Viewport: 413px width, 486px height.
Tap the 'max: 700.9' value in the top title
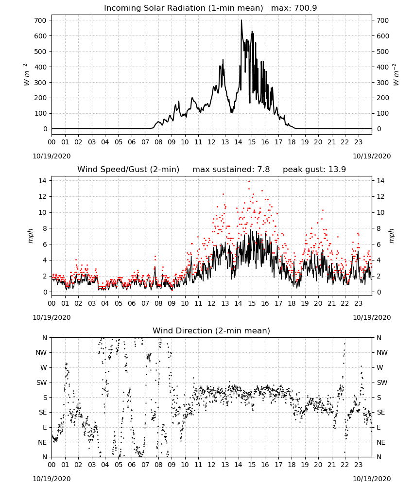(294, 8)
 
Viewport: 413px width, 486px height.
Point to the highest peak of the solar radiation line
(241, 20)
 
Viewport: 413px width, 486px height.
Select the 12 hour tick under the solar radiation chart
(211, 142)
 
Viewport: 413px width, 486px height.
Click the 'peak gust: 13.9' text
(314, 170)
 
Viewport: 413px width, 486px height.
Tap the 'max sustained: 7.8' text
(231, 170)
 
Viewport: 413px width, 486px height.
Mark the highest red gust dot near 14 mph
(249, 182)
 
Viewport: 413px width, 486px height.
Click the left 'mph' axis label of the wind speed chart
(30, 236)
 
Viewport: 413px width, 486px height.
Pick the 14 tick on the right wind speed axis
(380, 181)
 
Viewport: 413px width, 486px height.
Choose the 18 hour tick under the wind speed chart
(292, 303)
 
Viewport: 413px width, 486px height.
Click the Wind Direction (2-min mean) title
(211, 330)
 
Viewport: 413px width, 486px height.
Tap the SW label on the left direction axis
(42, 382)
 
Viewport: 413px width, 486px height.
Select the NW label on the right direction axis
(382, 352)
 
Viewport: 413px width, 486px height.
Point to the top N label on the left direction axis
(45, 338)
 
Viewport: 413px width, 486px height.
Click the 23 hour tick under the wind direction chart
(358, 465)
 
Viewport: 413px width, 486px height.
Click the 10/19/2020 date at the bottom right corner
(372, 479)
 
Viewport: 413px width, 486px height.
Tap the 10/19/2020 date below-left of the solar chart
(52, 156)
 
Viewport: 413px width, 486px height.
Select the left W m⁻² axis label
(27, 74)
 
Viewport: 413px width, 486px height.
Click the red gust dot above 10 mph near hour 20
(323, 210)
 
